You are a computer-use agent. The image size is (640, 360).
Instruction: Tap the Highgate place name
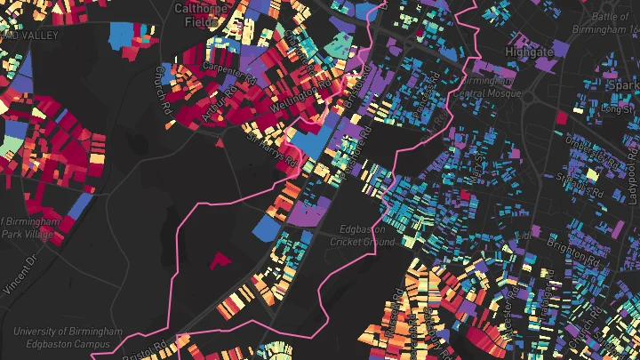tap(529, 52)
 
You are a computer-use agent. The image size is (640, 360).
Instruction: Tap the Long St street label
tap(617, 108)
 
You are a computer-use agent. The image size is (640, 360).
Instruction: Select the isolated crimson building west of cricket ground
tap(219, 260)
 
